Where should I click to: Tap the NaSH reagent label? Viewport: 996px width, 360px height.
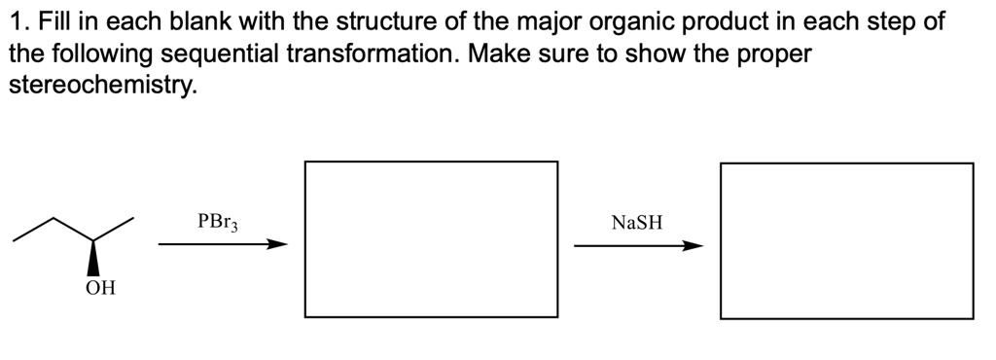637,223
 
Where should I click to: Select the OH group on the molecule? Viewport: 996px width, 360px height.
98,288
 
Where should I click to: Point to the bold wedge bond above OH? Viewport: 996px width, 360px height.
94,258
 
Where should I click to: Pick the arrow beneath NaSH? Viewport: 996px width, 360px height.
638,245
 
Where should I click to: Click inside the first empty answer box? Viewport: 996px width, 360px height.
431,238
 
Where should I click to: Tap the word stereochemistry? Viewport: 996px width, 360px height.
101,85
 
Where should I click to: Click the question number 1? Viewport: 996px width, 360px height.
14,22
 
